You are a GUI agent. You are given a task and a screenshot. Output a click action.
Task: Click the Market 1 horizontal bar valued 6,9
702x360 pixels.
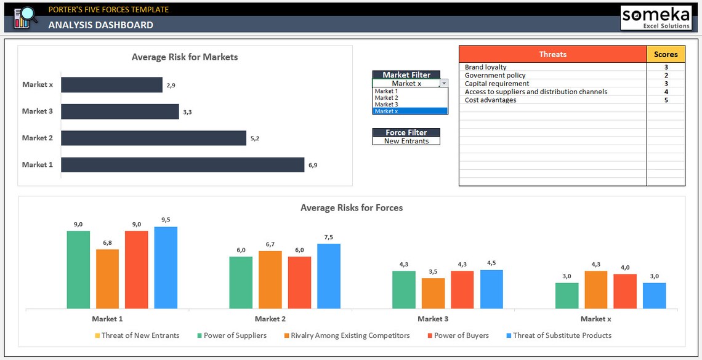click(182, 165)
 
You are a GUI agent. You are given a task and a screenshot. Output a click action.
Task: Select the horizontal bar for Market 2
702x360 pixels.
click(153, 138)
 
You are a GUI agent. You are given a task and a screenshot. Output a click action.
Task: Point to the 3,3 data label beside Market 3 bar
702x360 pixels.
click(187, 112)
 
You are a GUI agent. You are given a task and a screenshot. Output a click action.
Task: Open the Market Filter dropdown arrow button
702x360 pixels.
click(444, 83)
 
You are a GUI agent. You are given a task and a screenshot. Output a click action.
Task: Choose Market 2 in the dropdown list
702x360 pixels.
click(386, 98)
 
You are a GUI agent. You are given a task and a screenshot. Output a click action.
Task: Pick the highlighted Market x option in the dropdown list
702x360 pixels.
click(409, 111)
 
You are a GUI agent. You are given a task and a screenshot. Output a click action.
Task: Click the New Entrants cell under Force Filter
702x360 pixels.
click(406, 141)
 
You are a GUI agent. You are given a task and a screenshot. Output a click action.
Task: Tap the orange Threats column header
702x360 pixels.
click(552, 54)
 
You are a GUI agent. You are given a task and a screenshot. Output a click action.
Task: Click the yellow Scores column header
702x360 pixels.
click(666, 54)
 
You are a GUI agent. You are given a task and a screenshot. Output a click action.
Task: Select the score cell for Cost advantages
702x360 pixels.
click(666, 100)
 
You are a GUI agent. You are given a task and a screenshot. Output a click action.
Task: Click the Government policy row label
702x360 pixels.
click(495, 75)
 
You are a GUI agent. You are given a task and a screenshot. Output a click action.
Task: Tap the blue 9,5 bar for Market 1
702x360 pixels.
click(166, 268)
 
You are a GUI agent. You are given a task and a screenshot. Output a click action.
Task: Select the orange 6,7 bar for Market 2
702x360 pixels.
click(270, 279)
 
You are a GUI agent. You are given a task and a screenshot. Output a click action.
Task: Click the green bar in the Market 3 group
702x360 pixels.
click(403, 289)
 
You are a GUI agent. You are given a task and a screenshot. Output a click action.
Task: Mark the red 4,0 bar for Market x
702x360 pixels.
click(625, 291)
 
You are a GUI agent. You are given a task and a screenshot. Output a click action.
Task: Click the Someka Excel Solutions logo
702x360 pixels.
click(655, 18)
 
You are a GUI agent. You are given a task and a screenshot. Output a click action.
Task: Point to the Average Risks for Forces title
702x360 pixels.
click(352, 208)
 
